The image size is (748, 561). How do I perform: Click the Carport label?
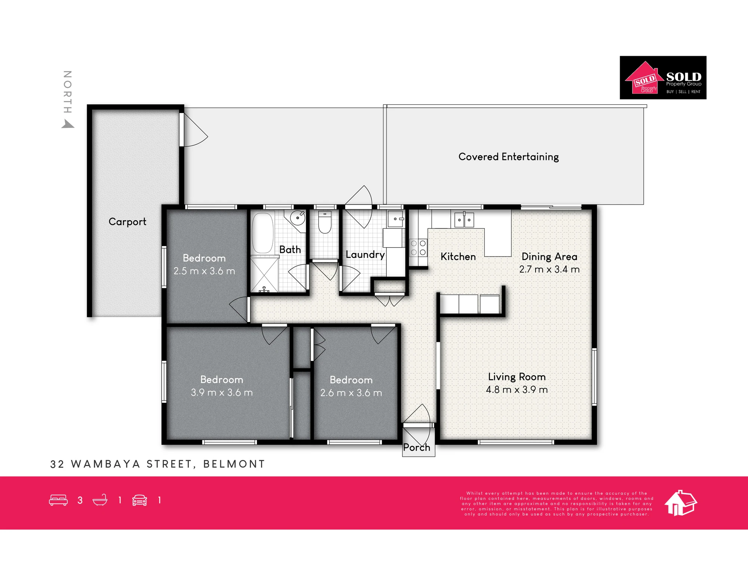click(127, 222)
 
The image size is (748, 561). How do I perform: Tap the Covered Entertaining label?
click(509, 157)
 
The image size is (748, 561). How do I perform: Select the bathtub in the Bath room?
click(263, 233)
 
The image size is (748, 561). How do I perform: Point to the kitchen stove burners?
click(418, 248)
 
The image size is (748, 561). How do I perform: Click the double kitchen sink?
click(464, 220)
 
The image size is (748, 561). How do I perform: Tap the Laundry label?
click(365, 255)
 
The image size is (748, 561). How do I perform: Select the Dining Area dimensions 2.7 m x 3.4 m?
click(549, 269)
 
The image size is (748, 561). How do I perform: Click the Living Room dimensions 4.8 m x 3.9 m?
click(517, 390)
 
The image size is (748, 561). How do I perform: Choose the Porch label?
click(417, 447)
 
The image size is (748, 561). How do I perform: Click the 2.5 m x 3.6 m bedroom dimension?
click(204, 271)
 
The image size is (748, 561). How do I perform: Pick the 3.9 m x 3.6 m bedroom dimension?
click(222, 392)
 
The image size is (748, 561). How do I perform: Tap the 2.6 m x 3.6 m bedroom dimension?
click(351, 393)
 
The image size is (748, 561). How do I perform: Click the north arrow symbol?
click(67, 124)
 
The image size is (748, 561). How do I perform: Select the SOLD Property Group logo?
click(663, 78)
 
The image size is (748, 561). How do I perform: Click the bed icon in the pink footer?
click(58, 500)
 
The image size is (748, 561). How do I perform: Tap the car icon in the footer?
click(140, 500)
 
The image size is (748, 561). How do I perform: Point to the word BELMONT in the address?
click(234, 464)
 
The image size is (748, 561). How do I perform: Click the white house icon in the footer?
click(681, 503)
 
